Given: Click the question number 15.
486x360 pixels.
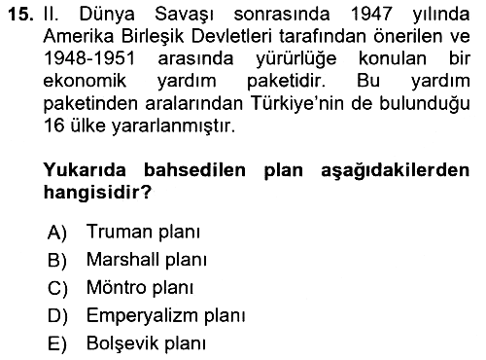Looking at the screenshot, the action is coord(21,15).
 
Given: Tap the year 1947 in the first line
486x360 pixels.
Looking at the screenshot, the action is coord(371,15).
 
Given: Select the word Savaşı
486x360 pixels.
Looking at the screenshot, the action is coord(184,16).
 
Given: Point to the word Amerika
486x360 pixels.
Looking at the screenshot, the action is coord(79,36).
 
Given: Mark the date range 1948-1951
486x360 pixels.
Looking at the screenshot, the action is coord(89,58).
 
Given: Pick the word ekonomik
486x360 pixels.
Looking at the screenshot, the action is coord(85,81).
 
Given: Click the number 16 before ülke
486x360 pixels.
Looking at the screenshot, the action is coord(54,126).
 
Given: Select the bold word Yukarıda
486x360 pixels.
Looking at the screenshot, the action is coord(85,170).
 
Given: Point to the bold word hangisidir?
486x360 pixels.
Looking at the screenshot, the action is coord(97,193).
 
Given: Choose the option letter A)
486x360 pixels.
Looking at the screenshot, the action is coord(57,233).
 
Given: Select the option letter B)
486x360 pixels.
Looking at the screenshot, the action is coord(57,261).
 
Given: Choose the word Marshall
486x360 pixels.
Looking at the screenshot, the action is coord(123,260).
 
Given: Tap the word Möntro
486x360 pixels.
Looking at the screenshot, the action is coord(117,287).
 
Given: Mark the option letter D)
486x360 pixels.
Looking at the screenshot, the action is coord(57,316).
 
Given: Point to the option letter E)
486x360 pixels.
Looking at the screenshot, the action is coord(57,343).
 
